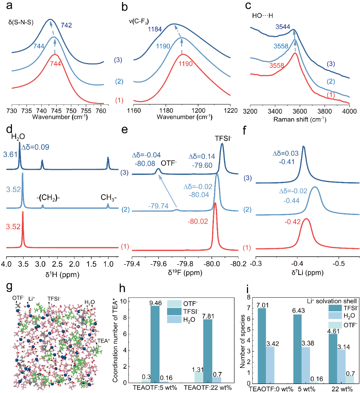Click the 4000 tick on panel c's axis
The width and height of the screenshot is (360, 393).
point(349,111)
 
